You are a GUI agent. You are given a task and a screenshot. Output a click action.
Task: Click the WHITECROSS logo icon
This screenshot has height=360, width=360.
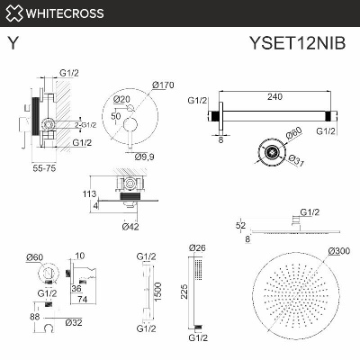(14, 13)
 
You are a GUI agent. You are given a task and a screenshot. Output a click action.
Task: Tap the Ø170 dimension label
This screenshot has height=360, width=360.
(163, 85)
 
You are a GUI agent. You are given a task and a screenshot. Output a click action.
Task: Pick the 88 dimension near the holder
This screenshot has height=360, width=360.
(34, 316)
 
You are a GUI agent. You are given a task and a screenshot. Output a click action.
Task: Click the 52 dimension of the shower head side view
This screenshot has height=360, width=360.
(239, 226)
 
